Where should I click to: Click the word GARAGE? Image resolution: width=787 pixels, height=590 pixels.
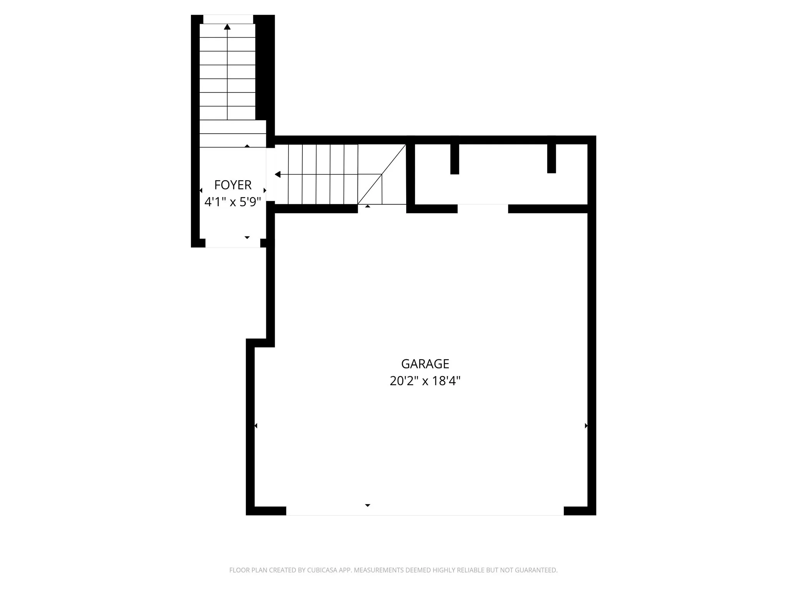(x=425, y=363)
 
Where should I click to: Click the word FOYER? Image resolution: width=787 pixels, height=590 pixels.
(x=232, y=185)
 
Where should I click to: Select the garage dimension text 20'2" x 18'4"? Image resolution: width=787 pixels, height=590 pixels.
(x=425, y=381)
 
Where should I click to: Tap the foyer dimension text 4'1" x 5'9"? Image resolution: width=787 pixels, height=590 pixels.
(x=232, y=202)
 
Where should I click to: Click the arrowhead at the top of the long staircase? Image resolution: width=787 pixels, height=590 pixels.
(x=227, y=27)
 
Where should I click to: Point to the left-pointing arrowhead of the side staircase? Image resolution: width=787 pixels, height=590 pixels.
(x=277, y=175)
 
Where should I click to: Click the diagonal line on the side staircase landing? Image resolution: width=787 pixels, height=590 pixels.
(x=382, y=174)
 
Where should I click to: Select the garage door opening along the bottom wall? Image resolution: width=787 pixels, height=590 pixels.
(x=425, y=511)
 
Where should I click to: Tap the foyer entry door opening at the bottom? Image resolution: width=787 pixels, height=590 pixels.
(x=232, y=243)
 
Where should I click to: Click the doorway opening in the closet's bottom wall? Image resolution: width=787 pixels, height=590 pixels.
(x=483, y=209)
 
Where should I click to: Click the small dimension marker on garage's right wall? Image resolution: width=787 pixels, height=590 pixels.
(x=586, y=426)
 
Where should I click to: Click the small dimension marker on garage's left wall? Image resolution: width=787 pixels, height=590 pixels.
(x=256, y=426)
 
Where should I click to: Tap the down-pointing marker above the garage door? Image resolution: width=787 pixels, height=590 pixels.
(x=367, y=505)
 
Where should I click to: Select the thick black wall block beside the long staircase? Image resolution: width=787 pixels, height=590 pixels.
(x=264, y=69)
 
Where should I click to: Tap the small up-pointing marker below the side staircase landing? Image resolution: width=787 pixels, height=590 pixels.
(x=368, y=207)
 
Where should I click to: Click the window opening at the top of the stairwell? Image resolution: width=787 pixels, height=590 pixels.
(x=228, y=19)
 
